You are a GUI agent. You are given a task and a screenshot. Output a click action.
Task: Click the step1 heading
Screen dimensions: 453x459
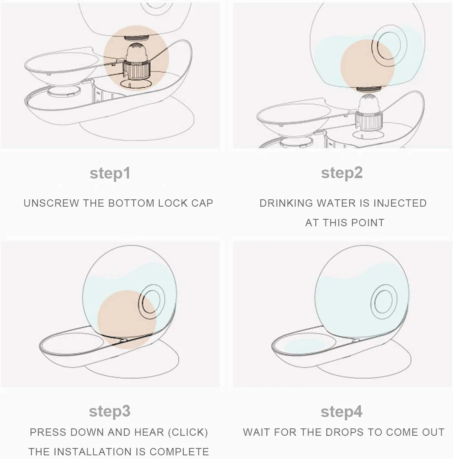(110, 173)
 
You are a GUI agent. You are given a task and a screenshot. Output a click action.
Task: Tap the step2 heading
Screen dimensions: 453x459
(342, 173)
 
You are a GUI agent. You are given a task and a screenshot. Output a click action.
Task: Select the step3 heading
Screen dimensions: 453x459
(110, 411)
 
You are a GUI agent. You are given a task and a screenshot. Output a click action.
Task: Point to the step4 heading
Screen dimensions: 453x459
(341, 412)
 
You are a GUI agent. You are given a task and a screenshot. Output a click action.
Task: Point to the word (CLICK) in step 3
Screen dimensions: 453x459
(188, 433)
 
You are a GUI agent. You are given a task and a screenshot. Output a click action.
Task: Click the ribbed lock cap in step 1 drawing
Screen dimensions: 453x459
(136, 69)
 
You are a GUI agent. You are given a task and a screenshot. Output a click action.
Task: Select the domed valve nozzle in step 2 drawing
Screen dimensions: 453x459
(369, 104)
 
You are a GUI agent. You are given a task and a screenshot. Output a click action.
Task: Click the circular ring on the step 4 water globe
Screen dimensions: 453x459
(384, 302)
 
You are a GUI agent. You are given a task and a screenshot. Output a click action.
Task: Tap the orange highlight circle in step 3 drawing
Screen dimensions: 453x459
(126, 320)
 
